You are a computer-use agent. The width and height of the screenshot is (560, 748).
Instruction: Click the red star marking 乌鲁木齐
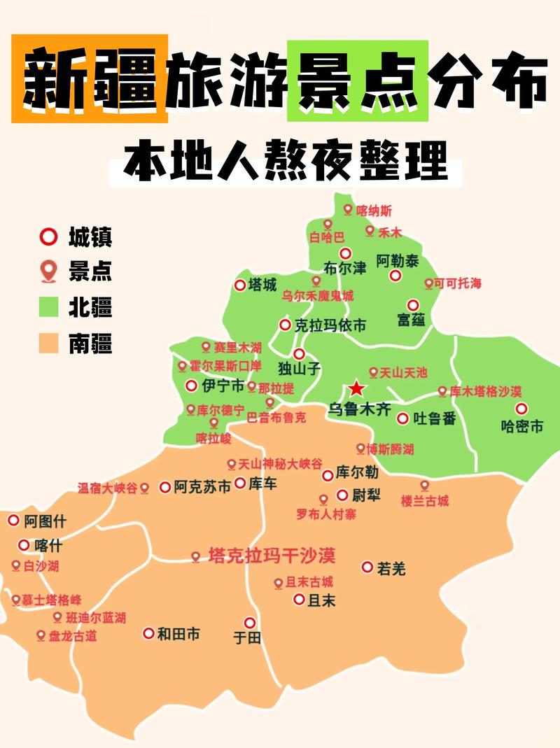pyautogui.click(x=357, y=388)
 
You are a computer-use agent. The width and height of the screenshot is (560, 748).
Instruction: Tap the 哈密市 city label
pyautogui.click(x=522, y=426)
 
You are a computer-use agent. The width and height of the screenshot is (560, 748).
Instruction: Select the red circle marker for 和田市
pyautogui.click(x=148, y=633)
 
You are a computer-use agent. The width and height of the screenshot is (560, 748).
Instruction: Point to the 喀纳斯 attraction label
pyautogui.click(x=374, y=210)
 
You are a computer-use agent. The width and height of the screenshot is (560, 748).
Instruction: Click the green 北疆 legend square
pyautogui.click(x=48, y=307)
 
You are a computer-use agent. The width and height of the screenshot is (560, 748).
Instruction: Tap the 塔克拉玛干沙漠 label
pyautogui.click(x=272, y=556)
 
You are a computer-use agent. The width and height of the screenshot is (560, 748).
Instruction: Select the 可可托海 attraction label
pyautogui.click(x=458, y=283)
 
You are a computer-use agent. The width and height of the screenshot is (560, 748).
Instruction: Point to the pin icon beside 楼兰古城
pyautogui.click(x=424, y=485)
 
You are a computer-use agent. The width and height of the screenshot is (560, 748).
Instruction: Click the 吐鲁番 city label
pyautogui.click(x=435, y=419)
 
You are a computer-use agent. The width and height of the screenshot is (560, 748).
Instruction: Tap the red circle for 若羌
pyautogui.click(x=367, y=567)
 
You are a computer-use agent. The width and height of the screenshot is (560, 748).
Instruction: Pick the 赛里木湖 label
pyautogui.click(x=237, y=347)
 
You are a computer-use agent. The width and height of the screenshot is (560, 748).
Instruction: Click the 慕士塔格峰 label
pyautogui.click(x=51, y=600)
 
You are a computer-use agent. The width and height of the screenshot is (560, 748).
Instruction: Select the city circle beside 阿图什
pyautogui.click(x=13, y=520)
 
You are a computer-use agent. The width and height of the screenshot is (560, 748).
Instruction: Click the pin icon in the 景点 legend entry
pyautogui.click(x=48, y=271)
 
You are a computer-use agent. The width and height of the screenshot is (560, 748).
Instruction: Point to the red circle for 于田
pyautogui.click(x=250, y=622)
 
